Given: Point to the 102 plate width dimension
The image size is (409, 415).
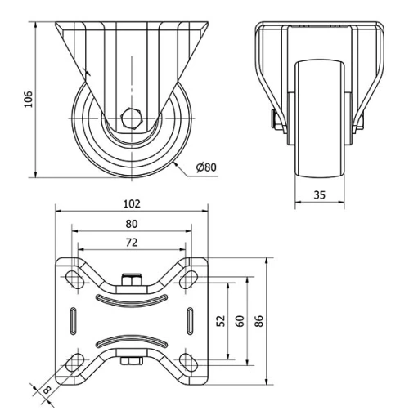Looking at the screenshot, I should pyautogui.click(x=131, y=203).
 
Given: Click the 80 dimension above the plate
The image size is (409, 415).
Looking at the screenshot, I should pyautogui.click(x=131, y=223).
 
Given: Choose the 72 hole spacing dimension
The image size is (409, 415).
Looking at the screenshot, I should pyautogui.click(x=131, y=242).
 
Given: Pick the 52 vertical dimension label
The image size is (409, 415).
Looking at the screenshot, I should pyautogui.click(x=220, y=320).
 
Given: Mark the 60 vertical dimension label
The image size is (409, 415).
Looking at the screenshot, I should pyautogui.click(x=239, y=320).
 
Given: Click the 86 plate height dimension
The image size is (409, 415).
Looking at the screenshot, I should pyautogui.click(x=258, y=320).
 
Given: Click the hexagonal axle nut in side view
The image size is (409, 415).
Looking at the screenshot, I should pyautogui.click(x=131, y=117).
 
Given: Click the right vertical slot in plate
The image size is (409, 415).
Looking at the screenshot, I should pyautogui.click(x=190, y=319).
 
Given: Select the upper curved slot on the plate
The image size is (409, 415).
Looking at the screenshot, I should pyautogui.click(x=131, y=298).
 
